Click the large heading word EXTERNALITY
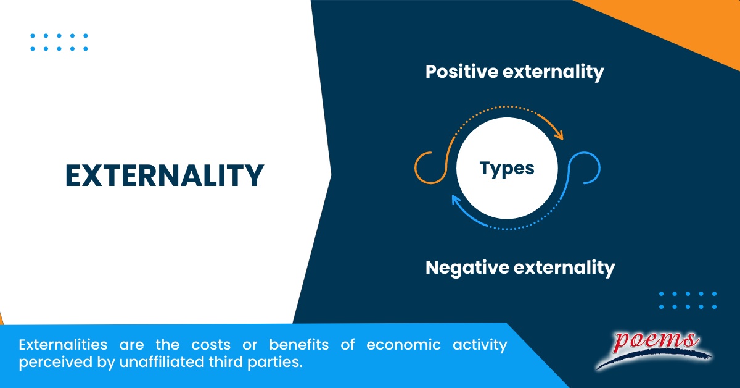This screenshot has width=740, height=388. tap(165, 175)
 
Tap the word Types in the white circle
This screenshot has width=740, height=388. tap(507, 168)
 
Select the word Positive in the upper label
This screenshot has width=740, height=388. tap(462, 72)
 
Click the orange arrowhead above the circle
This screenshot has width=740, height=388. tap(559, 133)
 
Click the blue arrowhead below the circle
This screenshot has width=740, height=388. tap(456, 201)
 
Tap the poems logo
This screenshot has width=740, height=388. tap(654, 348)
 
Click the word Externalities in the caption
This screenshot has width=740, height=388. tap(55, 345)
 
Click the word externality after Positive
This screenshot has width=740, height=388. tap(553, 72)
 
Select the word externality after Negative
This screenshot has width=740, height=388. tap(564, 268)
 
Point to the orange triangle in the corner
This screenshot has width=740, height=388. tap(678, 25)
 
